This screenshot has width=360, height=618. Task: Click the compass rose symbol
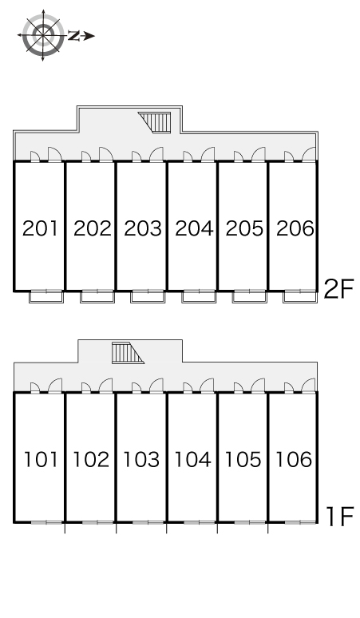click(42, 35)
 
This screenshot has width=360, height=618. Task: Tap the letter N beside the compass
click(73, 36)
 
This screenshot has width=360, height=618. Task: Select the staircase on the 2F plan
click(154, 123)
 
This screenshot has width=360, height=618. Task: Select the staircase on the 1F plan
click(128, 353)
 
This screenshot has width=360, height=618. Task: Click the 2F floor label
click(338, 289)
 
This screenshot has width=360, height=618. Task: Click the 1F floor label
click(340, 517)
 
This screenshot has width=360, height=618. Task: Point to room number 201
click(40, 228)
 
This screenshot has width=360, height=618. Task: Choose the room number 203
click(143, 228)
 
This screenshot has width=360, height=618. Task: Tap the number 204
click(194, 228)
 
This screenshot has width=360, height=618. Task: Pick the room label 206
click(295, 228)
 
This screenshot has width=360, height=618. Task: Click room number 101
click(41, 460)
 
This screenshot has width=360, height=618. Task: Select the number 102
click(91, 460)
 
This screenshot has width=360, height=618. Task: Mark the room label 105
click(243, 460)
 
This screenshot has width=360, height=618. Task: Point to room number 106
click(294, 460)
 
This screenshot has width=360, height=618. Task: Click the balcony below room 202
click(97, 297)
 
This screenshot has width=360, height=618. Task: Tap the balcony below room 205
click(250, 297)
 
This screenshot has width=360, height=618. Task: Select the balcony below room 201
click(46, 297)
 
